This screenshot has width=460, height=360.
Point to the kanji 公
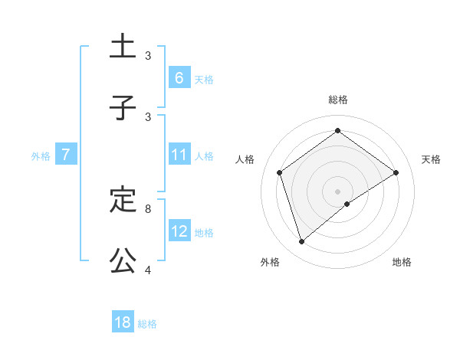(123, 261)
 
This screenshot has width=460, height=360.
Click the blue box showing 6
(179, 78)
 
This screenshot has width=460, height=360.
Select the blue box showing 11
(179, 155)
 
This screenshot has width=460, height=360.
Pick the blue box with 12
(179, 231)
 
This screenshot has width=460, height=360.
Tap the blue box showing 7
(66, 155)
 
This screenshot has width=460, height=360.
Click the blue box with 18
(123, 322)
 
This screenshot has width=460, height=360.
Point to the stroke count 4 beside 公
(148, 270)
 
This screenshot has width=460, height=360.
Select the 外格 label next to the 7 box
(41, 156)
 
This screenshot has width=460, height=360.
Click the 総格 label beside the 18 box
(148, 324)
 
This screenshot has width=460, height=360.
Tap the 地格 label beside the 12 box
(204, 233)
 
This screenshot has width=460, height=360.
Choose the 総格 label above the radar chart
(338, 100)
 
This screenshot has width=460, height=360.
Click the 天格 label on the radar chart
(431, 159)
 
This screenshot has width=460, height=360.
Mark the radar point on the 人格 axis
(280, 172)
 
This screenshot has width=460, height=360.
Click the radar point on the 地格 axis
(347, 204)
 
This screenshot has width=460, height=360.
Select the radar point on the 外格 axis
(302, 242)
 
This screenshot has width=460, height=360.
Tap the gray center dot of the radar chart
(338, 191)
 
